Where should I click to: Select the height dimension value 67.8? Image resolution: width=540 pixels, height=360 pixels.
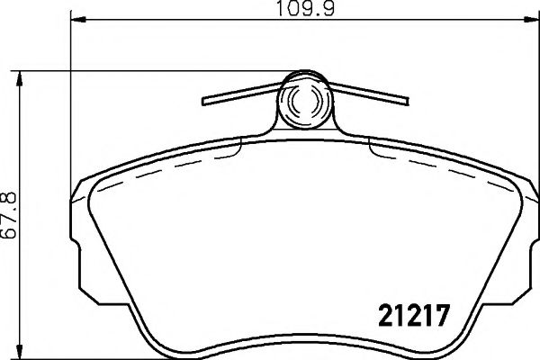(x=13, y=213)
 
